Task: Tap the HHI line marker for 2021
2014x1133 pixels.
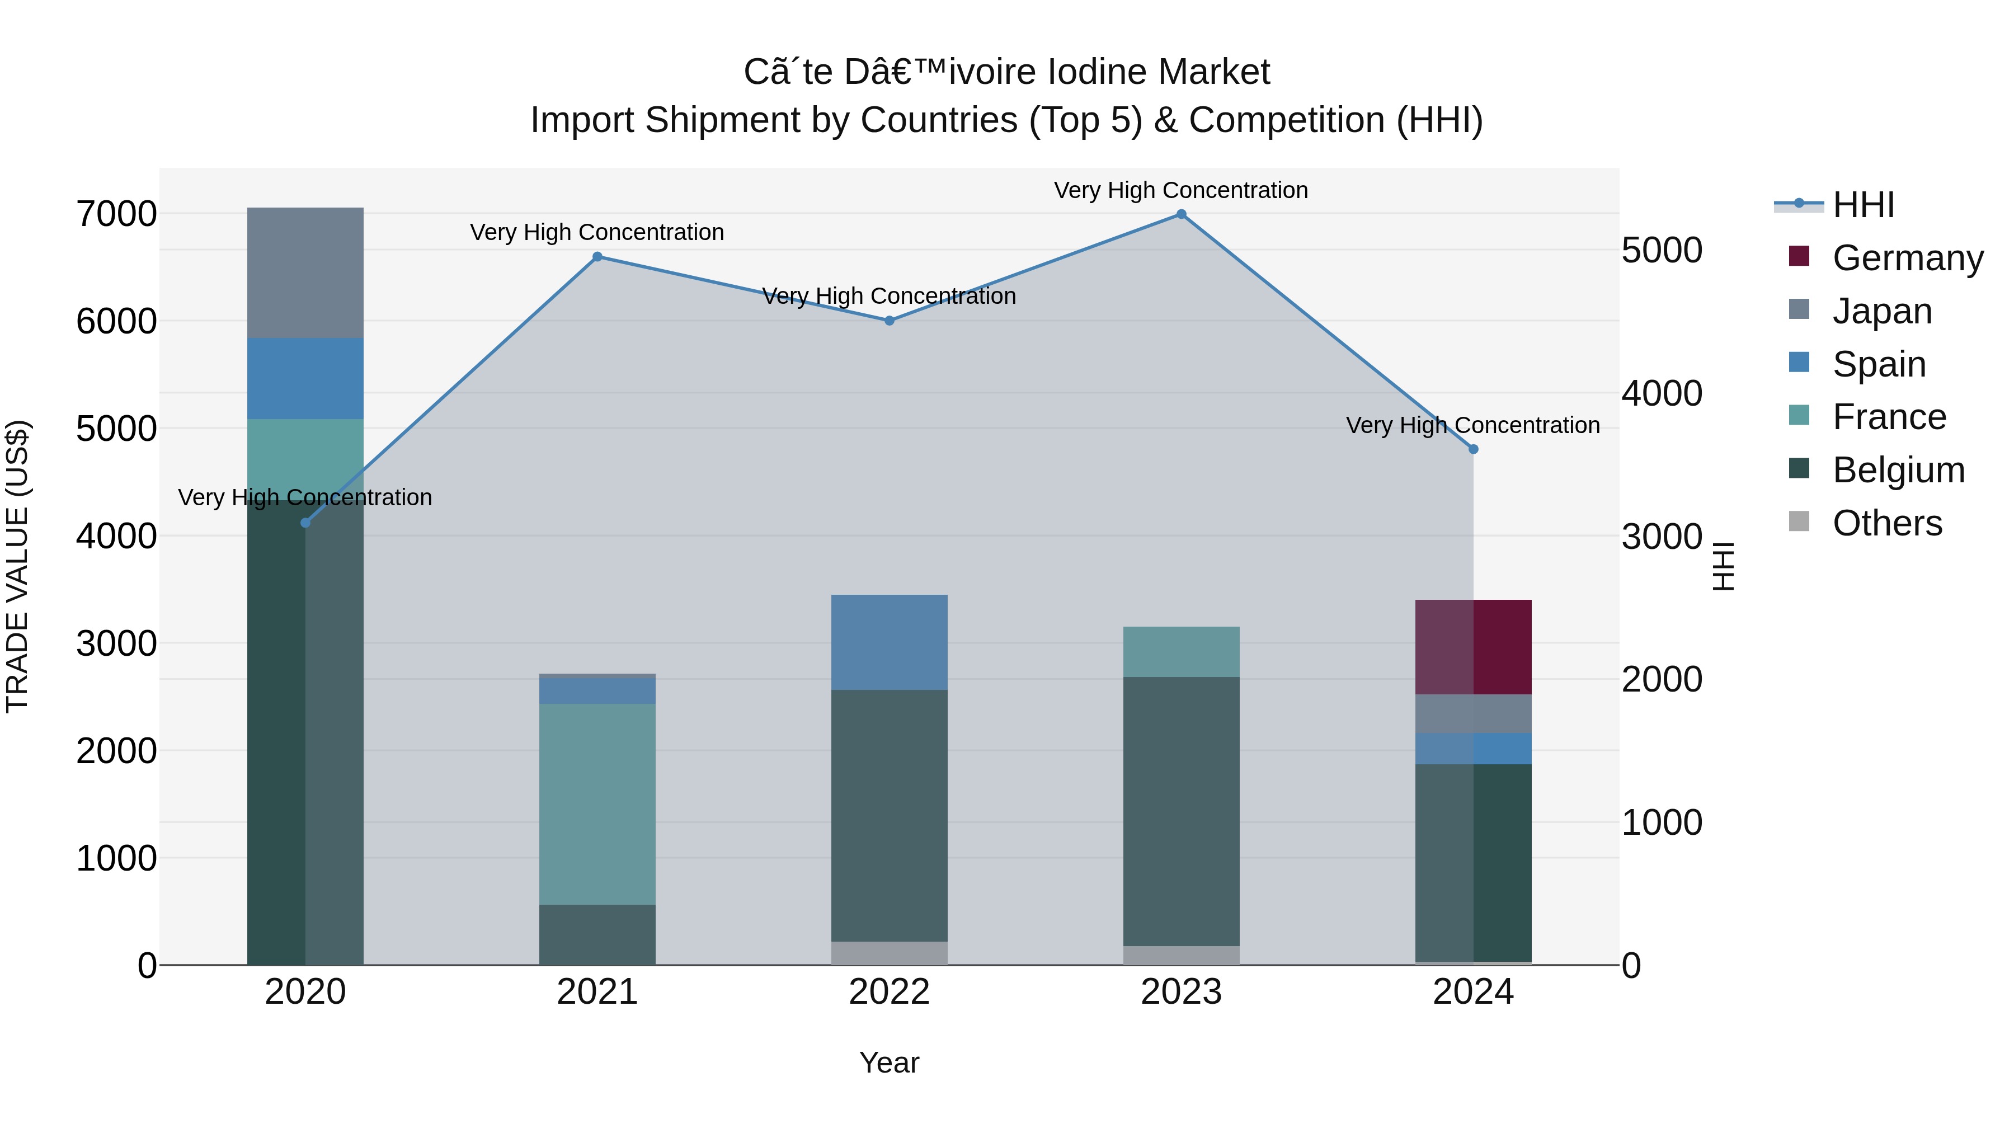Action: [597, 256]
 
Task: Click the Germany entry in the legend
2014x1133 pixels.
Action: [1907, 258]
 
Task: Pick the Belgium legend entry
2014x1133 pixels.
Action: [1898, 470]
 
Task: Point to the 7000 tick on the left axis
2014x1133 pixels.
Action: [116, 214]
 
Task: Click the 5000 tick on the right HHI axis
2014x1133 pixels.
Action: [1662, 250]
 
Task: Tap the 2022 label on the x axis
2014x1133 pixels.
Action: [889, 991]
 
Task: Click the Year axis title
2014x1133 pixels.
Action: [889, 1063]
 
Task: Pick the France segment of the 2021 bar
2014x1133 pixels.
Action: [597, 804]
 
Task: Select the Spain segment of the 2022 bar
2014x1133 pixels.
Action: [889, 642]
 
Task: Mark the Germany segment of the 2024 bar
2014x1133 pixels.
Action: [1473, 647]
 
